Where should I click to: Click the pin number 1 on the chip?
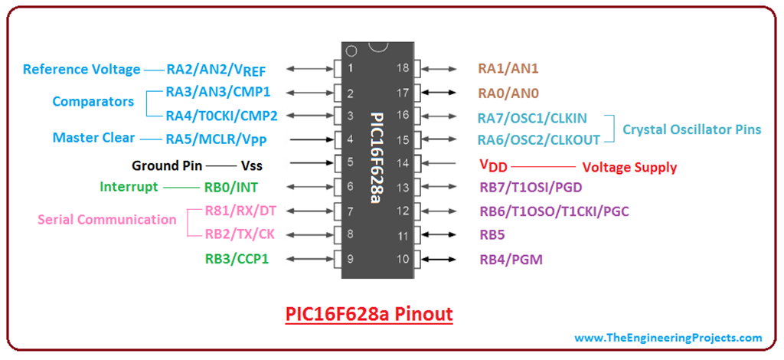coord(351,68)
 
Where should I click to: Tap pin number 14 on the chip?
coord(403,164)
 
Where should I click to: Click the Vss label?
coord(251,165)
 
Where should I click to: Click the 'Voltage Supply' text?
coord(629,167)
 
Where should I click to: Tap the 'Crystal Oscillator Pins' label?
coord(691,129)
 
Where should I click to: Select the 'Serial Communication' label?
coord(107,220)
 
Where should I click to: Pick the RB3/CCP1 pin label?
coord(237,259)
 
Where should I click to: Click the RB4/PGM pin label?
coord(511,260)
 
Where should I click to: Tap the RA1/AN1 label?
coord(508,68)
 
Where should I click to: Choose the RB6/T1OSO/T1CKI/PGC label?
coord(554,211)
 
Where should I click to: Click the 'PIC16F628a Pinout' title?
coord(369,314)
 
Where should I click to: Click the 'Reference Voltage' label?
coord(81,70)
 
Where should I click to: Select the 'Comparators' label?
coord(93,101)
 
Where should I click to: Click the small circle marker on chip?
coord(351,52)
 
